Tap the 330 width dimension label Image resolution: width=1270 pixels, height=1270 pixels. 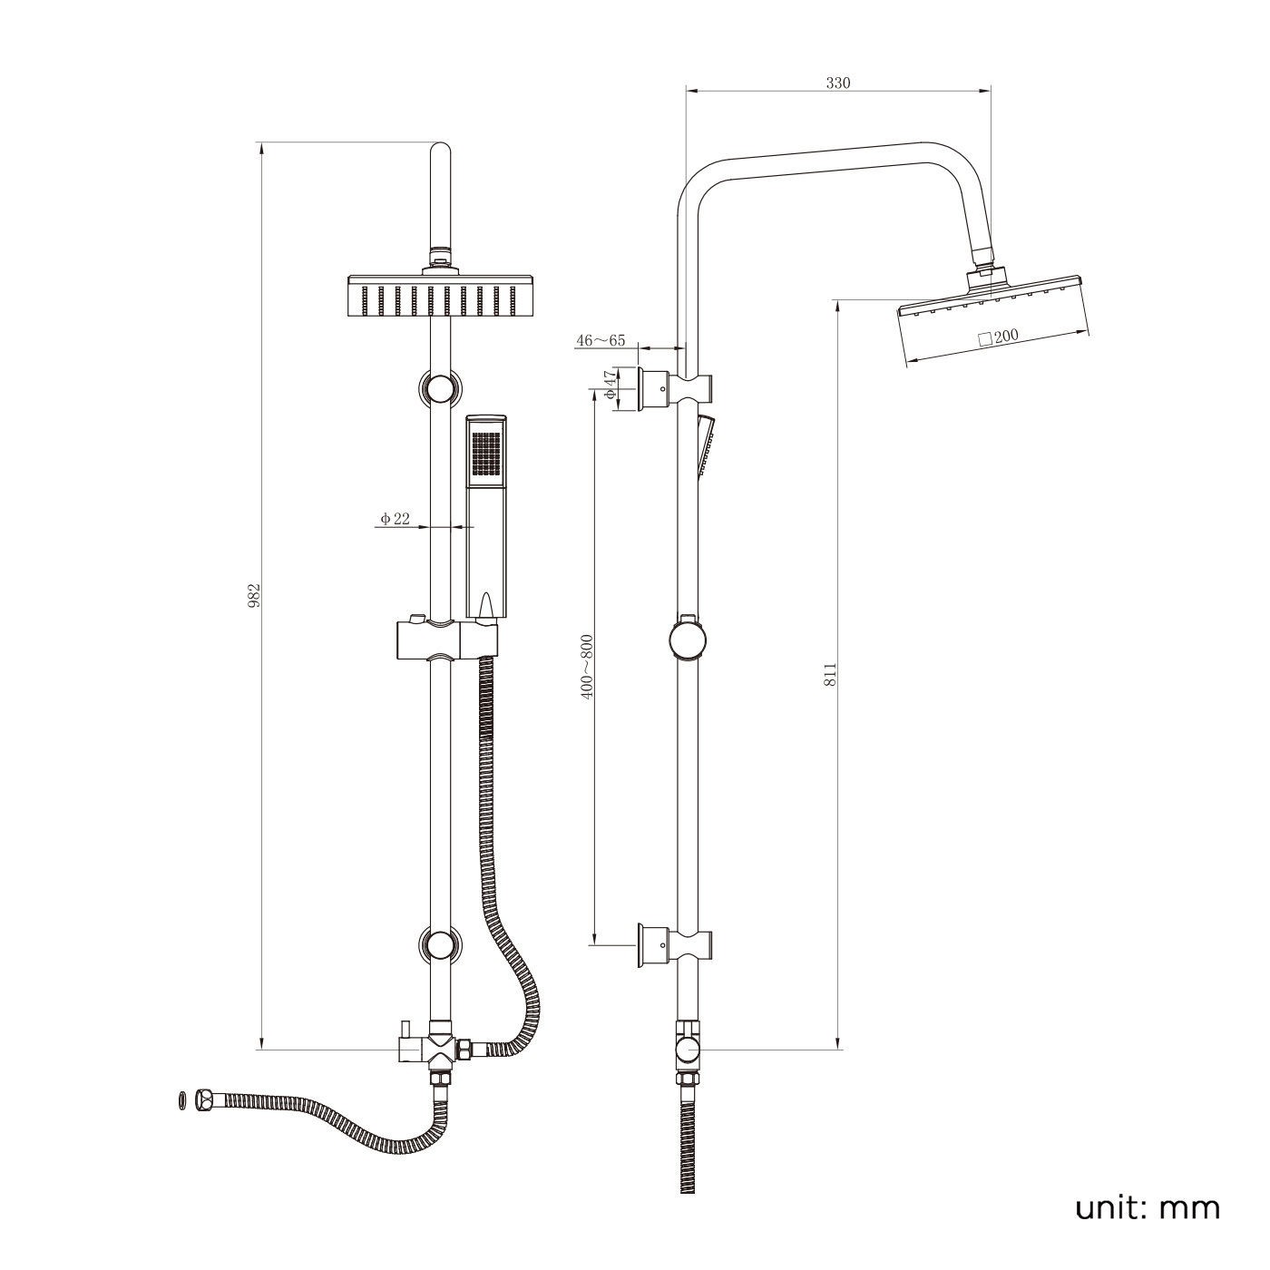click(x=838, y=83)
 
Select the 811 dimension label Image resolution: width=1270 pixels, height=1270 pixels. click(x=831, y=675)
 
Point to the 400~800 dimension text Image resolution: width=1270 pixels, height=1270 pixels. click(x=587, y=667)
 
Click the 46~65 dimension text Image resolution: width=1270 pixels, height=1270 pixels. click(x=601, y=341)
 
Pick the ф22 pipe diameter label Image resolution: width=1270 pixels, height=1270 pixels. click(x=394, y=519)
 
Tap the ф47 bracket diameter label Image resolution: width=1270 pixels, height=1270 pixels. click(x=611, y=385)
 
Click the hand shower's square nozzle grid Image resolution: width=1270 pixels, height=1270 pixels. click(x=485, y=454)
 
